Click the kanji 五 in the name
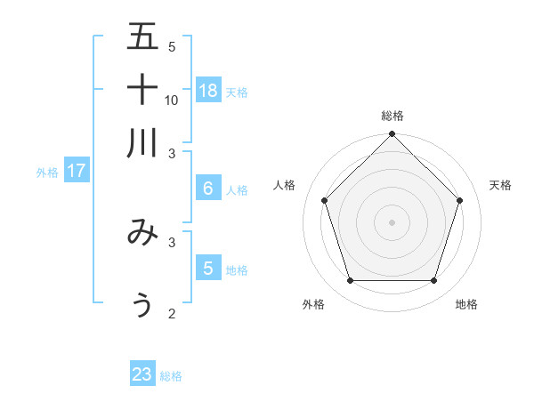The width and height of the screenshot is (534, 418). tap(143, 36)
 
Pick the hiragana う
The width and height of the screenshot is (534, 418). tap(142, 304)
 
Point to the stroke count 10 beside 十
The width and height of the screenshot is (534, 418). tap(172, 100)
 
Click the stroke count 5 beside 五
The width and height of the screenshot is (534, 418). tap(172, 47)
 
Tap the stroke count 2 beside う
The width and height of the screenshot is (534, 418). tap(172, 313)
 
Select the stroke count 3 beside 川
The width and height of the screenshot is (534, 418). tap(172, 152)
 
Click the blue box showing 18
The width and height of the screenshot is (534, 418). tap(208, 90)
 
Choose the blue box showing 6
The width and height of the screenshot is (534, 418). tap(208, 188)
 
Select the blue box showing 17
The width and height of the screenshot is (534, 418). tap(77, 171)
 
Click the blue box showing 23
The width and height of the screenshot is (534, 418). tap(142, 374)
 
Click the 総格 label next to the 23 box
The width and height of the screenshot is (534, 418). tap(171, 376)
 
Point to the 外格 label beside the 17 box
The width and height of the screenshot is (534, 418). tap(47, 173)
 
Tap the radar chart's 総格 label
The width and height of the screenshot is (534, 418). tap(392, 116)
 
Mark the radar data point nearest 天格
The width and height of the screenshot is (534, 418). tap(460, 200)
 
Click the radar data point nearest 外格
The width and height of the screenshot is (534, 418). tap(350, 281)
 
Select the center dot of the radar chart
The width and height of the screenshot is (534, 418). tap(392, 222)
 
